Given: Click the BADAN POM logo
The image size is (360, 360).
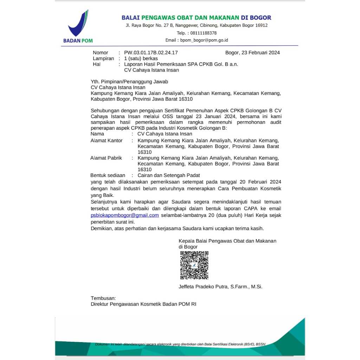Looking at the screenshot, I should coord(78,27).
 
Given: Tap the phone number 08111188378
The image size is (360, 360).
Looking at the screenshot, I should coord(204,33).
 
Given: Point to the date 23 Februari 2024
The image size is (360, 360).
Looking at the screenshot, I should coord(259,53).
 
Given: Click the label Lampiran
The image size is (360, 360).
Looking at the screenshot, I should coord(103,58).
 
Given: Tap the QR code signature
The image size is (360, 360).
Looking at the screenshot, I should coord(194,265).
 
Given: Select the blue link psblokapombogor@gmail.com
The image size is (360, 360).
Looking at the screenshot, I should coord(125,215).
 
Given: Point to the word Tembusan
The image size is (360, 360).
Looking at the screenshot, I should coord(103,298).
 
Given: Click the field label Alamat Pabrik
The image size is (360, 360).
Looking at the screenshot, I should coord(106,158).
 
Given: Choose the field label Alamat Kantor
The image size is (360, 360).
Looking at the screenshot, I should coord(107,140).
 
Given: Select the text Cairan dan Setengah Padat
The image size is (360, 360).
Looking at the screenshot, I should coord(169,175).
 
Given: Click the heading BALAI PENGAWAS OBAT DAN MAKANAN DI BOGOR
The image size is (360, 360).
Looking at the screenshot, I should coord(196,18).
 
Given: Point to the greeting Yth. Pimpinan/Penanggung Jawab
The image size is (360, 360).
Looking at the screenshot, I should coord(129,82).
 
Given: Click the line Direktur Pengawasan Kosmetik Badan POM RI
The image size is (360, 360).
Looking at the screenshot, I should coord(143,304).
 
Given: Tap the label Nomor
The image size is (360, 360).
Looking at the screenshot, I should coord(101,53).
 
